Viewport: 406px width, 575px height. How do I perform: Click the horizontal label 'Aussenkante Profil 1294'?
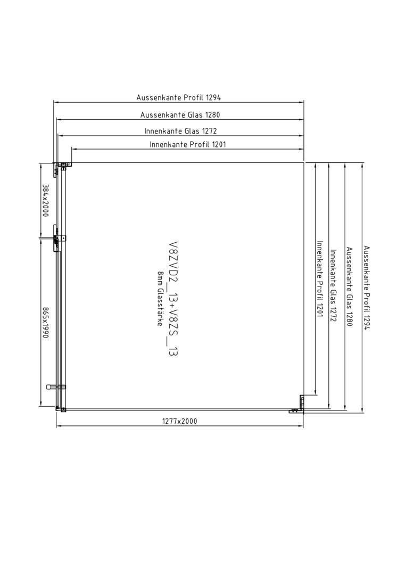point(178,97)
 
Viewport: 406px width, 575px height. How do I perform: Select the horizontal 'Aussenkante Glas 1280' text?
point(180,115)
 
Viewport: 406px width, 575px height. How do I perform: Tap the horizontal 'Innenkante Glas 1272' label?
point(180,131)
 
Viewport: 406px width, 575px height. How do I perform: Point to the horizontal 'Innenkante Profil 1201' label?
point(188,144)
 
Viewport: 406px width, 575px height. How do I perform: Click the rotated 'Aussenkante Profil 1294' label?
point(367,288)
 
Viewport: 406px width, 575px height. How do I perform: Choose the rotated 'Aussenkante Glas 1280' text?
point(350,287)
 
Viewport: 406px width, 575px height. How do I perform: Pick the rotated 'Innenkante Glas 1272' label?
point(334,286)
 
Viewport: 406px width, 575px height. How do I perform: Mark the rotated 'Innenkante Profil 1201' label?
point(319,279)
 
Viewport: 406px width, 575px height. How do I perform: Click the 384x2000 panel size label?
point(45,200)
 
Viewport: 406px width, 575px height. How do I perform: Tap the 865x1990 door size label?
point(45,323)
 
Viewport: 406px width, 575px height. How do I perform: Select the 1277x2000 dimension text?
point(179,421)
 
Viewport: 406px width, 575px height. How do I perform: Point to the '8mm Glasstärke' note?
point(160,299)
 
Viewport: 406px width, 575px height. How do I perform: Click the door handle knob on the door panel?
point(56,387)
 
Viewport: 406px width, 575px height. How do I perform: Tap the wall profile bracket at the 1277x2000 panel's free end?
point(299,405)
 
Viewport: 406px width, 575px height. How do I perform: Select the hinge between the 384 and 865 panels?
point(58,239)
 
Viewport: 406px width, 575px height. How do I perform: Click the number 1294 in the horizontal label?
point(213,97)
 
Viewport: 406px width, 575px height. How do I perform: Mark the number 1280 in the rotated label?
point(350,319)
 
